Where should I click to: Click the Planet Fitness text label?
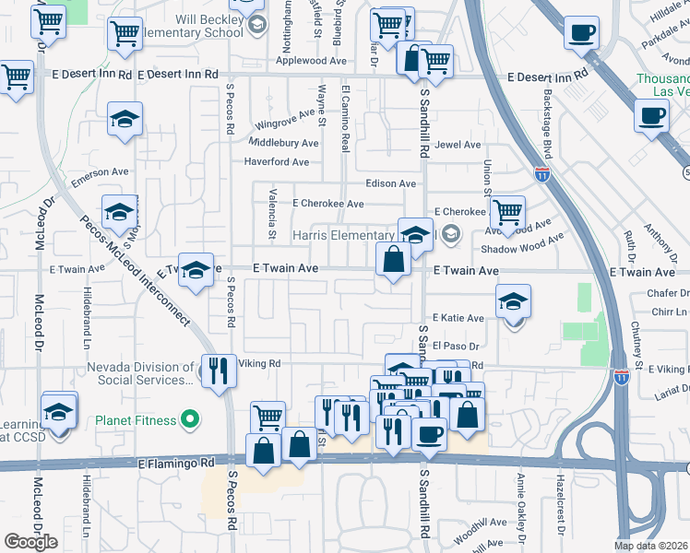[135, 420]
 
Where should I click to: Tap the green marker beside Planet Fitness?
[191, 420]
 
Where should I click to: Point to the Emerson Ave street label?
[100, 172]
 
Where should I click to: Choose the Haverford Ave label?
[277, 161]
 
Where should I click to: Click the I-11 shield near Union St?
[541, 172]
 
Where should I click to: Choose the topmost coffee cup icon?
[581, 32]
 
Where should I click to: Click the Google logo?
[30, 542]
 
